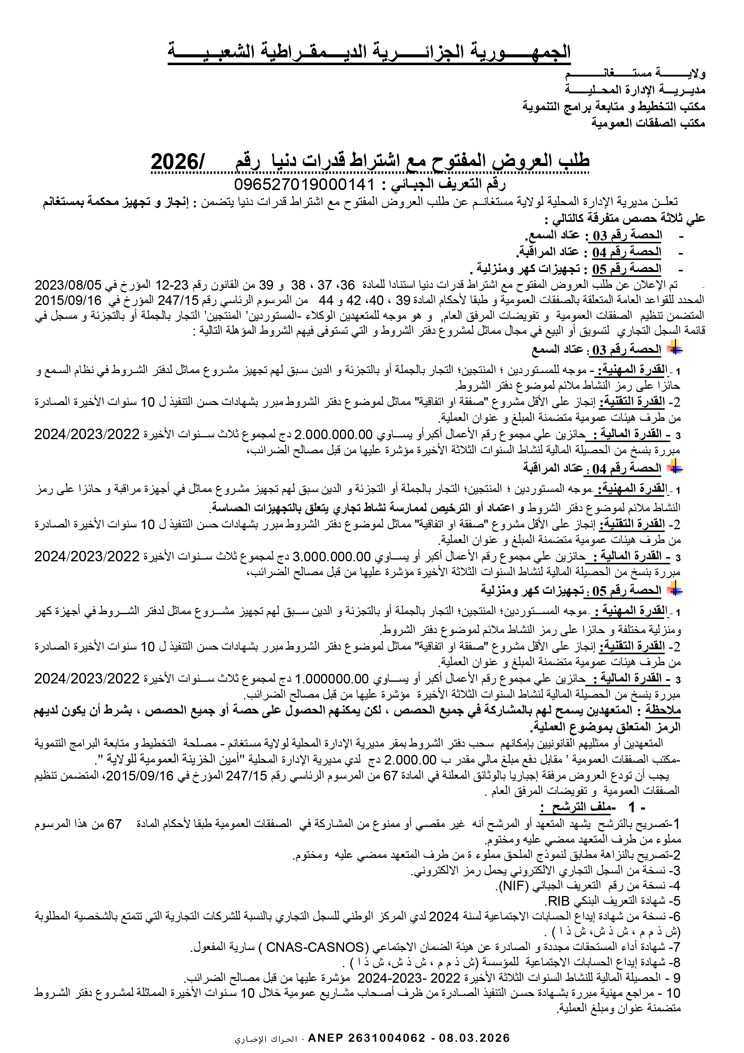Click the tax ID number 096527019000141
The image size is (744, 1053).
click(x=304, y=184)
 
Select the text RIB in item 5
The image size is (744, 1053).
click(x=559, y=901)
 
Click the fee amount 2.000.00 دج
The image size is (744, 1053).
click(x=410, y=760)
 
